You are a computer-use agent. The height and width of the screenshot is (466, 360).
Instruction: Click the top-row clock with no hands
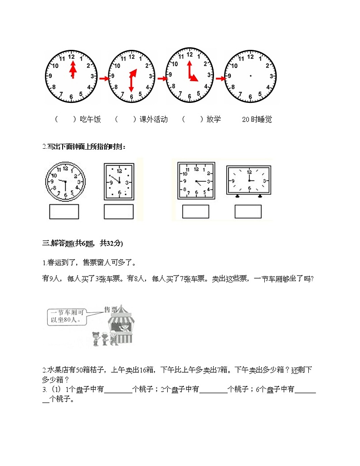point(251,76)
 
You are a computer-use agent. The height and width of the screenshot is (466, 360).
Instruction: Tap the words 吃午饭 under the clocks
point(90,120)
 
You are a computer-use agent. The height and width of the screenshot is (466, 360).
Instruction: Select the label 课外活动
point(154,120)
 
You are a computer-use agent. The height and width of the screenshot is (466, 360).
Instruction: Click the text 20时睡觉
point(257,120)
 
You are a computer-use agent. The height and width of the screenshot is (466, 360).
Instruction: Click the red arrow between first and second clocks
point(104,79)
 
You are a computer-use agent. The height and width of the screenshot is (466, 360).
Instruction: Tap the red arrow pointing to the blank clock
point(220,78)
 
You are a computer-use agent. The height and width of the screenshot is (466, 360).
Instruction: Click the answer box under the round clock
point(64,211)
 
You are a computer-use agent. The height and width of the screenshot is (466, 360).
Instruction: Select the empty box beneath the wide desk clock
point(248,212)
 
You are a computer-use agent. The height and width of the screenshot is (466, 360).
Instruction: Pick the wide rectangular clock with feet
point(249,181)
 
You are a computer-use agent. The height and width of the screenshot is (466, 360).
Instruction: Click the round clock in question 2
point(65,181)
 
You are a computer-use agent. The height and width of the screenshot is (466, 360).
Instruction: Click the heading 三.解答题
point(82,243)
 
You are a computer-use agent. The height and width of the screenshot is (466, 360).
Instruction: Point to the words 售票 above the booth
point(111,309)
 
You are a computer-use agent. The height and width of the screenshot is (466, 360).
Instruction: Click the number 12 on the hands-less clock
point(251,56)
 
